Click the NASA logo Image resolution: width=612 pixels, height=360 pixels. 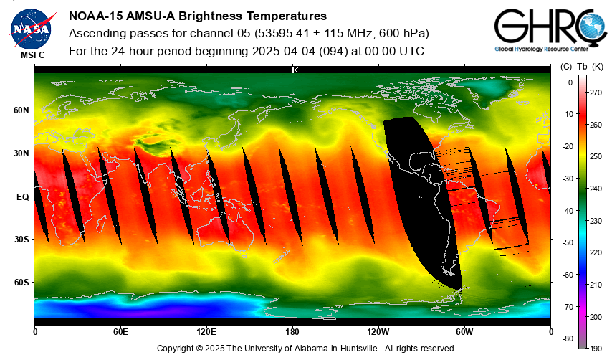click(x=31, y=28)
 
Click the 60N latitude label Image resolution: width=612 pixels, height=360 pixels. click(x=20, y=110)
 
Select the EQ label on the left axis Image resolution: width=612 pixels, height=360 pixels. click(x=22, y=196)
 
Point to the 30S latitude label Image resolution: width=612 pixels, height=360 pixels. click(x=20, y=240)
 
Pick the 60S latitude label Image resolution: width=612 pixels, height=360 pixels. click(x=20, y=283)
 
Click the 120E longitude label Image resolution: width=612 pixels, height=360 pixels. click(x=206, y=332)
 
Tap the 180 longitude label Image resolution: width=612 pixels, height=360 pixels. click(x=292, y=332)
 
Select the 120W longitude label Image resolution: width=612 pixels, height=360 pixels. click(x=378, y=332)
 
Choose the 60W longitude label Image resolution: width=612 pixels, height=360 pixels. click(x=464, y=332)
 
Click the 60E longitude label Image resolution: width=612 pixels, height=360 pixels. click(x=120, y=332)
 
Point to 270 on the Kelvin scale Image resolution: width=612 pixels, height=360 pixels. click(x=595, y=93)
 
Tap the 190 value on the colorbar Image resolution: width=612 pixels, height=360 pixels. click(x=595, y=348)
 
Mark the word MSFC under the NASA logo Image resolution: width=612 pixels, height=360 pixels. click(x=32, y=55)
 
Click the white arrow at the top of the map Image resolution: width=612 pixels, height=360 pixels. click(x=300, y=70)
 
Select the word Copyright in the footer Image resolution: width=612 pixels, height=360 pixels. click(x=176, y=348)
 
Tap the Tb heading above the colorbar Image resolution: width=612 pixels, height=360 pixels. click(x=581, y=67)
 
